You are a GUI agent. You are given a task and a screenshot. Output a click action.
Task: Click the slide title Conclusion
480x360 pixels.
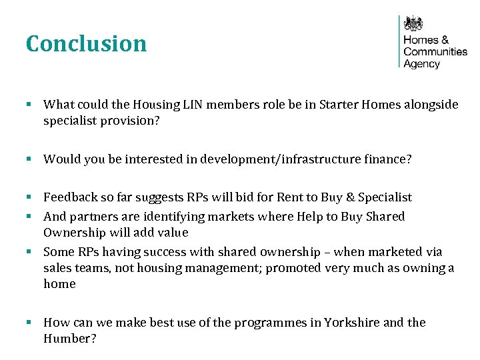[86, 44]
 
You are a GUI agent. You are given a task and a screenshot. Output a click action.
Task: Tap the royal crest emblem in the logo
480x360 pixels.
[414, 24]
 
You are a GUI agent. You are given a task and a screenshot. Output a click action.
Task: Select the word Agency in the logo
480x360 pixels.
[422, 64]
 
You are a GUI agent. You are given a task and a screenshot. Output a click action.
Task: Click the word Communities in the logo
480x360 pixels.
[435, 51]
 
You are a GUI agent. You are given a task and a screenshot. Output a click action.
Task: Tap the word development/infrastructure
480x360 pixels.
[263, 159]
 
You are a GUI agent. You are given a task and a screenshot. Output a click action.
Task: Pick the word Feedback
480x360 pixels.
[69, 197]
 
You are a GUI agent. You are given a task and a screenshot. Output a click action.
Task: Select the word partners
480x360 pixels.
[89, 217]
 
